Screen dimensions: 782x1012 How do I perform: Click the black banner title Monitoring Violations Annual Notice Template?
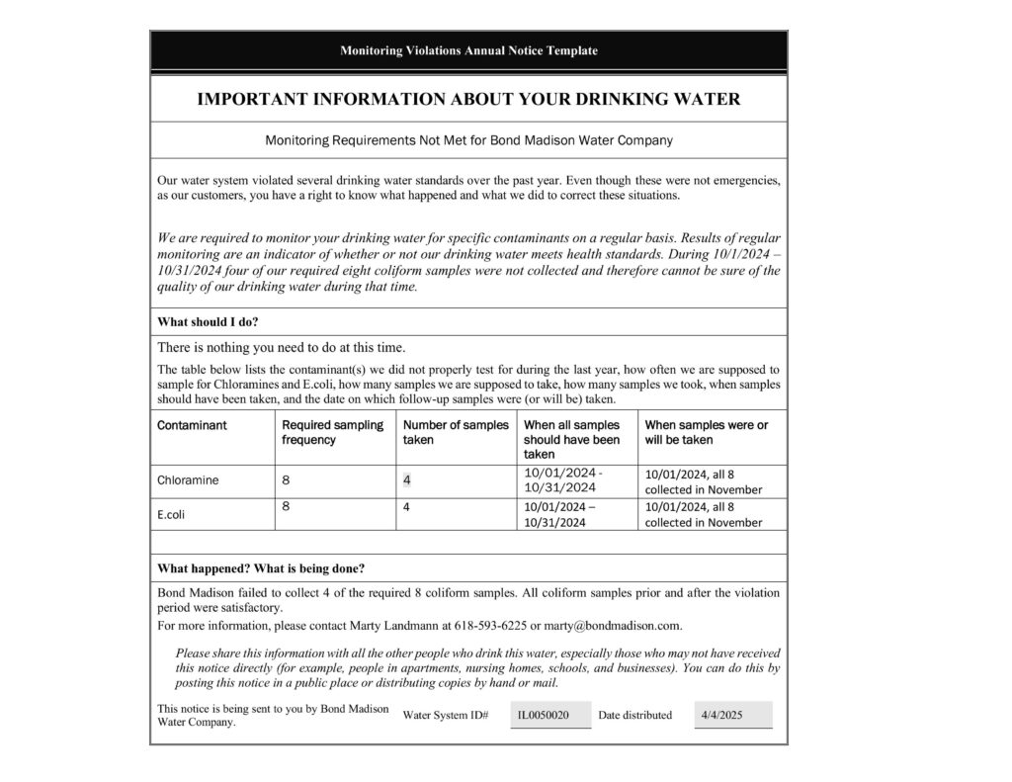468,50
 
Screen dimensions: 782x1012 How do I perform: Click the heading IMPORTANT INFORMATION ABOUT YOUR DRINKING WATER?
468,99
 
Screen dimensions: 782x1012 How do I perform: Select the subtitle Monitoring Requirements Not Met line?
468,140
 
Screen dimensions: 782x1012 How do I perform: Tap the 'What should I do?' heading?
208,321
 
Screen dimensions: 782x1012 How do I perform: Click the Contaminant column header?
192,425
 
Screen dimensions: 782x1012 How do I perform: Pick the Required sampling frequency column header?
332,432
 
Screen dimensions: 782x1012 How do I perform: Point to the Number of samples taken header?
456,432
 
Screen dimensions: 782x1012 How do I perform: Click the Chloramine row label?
188,481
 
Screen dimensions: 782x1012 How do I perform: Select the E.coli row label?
171,514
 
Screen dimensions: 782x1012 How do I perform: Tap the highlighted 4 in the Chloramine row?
406,480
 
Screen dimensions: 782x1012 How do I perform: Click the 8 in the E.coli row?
286,506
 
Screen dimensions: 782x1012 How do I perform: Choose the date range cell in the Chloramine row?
562,480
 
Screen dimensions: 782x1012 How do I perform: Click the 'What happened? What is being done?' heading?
261,568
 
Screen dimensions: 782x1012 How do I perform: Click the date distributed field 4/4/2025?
720,715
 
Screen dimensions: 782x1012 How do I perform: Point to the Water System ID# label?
446,715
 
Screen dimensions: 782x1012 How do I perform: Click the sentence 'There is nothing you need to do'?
282,347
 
